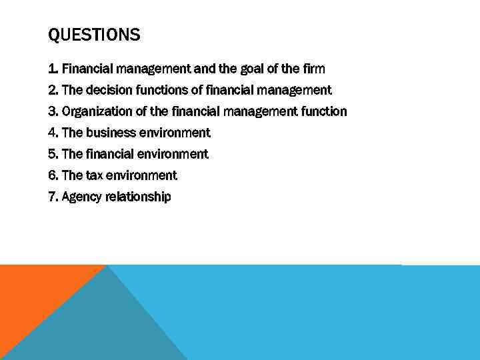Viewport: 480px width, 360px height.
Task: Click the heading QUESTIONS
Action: [94, 35]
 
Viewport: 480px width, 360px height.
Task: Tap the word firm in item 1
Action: [313, 69]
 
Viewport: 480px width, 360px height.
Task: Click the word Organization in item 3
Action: [95, 111]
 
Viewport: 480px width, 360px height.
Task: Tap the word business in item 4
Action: [112, 133]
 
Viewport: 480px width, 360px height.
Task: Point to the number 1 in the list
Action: [52, 69]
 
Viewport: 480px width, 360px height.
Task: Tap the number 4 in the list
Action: [53, 133]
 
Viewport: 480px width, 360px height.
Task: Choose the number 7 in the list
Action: [53, 197]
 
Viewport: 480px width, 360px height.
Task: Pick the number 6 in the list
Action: [53, 175]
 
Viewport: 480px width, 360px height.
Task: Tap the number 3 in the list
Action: [53, 111]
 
